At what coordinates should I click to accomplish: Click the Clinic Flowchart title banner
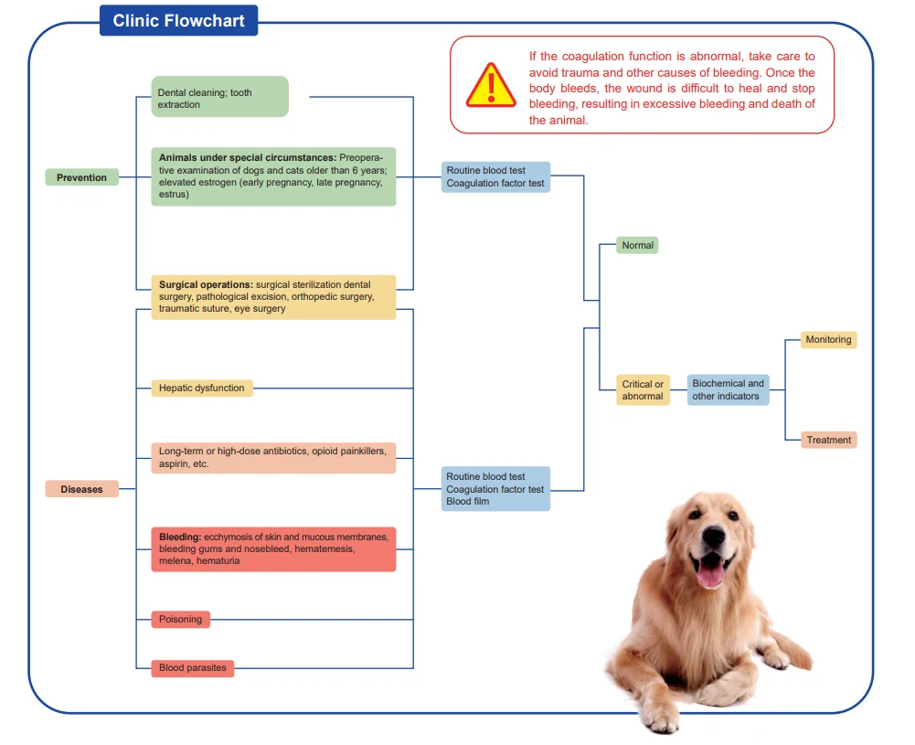[x=178, y=20]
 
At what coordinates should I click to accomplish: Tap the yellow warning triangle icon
[x=491, y=86]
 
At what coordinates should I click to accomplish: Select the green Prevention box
[x=81, y=177]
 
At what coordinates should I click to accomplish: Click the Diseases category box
[x=81, y=489]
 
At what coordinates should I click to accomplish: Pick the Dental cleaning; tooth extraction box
[x=219, y=97]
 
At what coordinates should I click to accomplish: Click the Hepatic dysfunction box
[x=202, y=388]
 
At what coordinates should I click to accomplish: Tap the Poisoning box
[x=180, y=619]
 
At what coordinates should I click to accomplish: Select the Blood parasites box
[x=193, y=668]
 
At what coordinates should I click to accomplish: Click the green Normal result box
[x=637, y=245]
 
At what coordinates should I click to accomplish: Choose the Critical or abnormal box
[x=643, y=389]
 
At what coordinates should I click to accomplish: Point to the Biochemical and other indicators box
[x=728, y=389]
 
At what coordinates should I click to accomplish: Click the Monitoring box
[x=828, y=339]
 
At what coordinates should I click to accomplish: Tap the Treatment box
[x=828, y=440]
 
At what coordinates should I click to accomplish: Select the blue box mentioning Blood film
[x=495, y=489]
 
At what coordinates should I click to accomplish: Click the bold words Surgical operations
[x=206, y=284]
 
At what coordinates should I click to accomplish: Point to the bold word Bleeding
[x=180, y=537]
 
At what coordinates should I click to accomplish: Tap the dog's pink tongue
[x=710, y=573]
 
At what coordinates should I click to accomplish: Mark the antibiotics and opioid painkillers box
[x=273, y=457]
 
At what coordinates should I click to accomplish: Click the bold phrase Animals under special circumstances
[x=248, y=157]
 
